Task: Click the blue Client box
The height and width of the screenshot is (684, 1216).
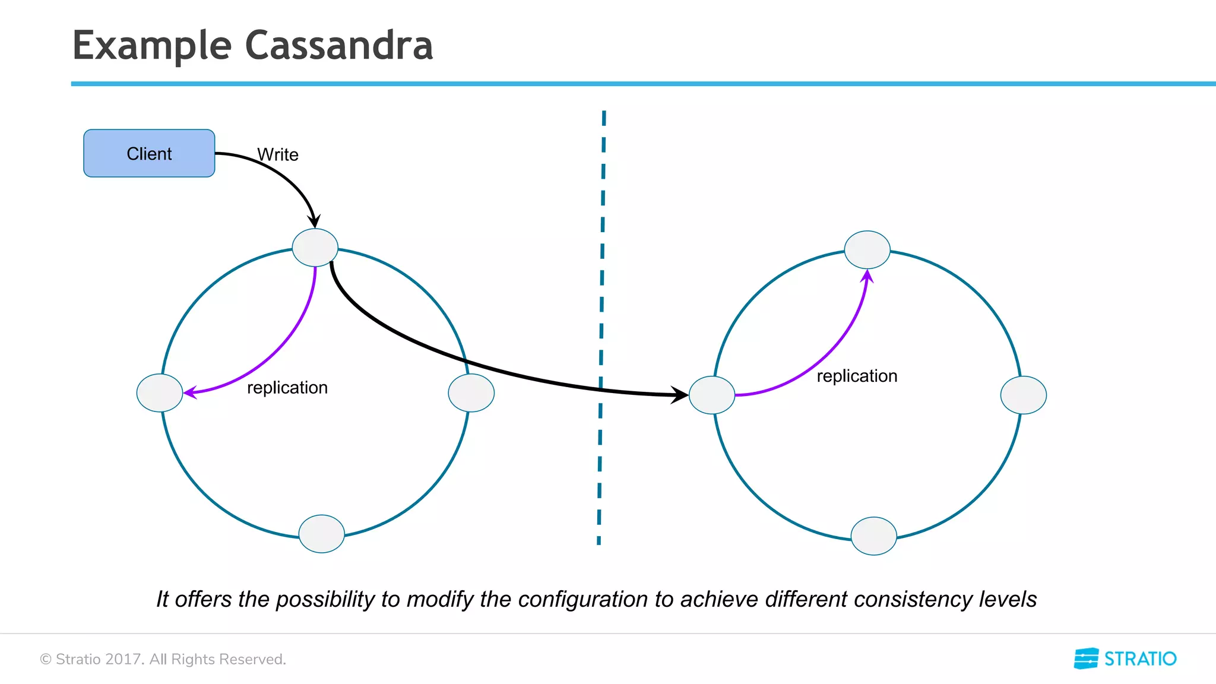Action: coord(149,153)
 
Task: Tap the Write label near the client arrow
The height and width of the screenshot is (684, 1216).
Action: coord(278,154)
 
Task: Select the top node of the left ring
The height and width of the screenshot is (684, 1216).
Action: coord(315,247)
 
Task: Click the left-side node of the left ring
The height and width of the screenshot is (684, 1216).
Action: coord(160,392)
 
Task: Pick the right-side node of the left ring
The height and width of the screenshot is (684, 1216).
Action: coord(471,392)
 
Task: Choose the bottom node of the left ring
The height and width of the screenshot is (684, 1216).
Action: coord(322,534)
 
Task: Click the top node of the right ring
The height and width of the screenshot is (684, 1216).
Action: coord(867,249)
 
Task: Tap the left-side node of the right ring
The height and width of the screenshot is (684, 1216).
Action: coord(712,395)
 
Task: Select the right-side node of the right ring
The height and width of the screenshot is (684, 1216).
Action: coord(1023,395)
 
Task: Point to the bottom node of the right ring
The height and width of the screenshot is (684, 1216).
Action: coord(873,536)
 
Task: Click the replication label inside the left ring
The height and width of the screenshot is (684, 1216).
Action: coord(287,388)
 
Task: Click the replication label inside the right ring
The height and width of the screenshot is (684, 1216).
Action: coord(857,376)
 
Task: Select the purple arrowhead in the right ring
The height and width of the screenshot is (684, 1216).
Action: coord(867,276)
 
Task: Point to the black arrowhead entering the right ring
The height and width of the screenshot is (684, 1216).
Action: coord(680,395)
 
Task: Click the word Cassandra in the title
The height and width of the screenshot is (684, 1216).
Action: coord(339,46)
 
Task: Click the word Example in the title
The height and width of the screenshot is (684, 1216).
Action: coord(152,46)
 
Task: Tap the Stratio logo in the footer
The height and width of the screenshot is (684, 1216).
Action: coord(1125,658)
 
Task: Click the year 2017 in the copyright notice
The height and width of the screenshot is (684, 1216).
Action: coord(123,659)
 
